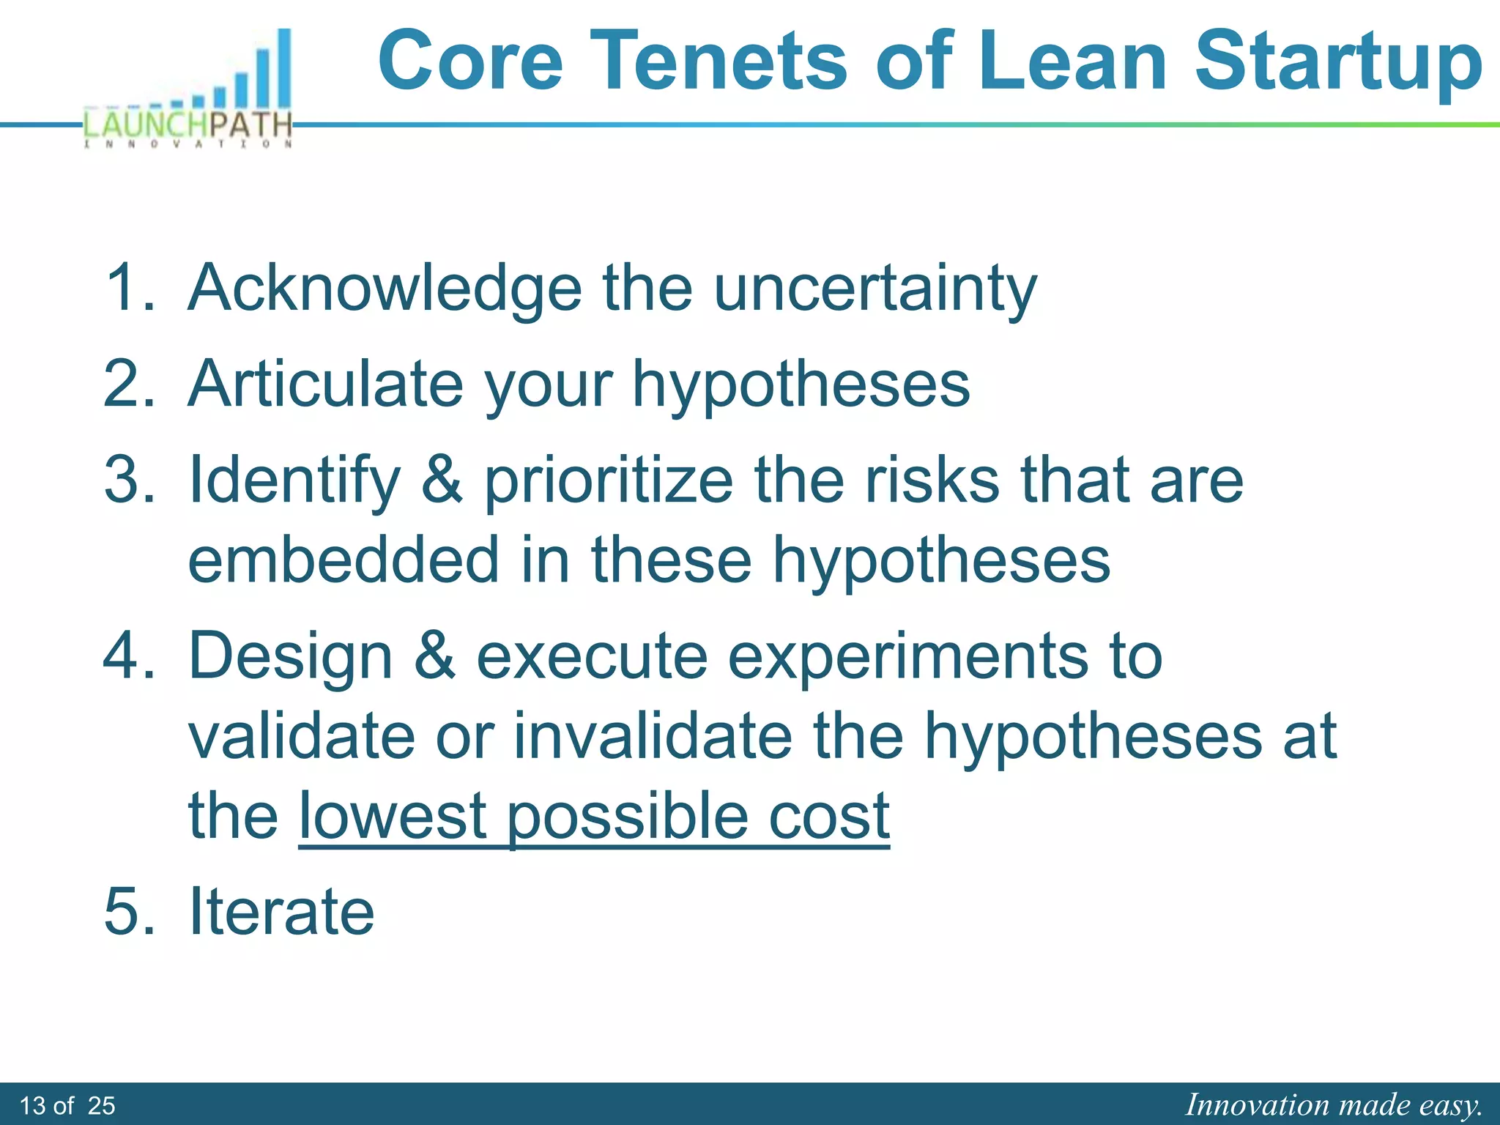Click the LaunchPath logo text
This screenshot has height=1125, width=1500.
[x=188, y=125]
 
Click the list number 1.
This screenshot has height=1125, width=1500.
[x=129, y=287]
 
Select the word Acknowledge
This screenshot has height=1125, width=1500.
[x=385, y=289]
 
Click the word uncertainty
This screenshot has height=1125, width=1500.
[x=875, y=289]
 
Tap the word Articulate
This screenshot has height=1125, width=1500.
[x=325, y=384]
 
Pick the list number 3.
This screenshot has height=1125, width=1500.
[x=129, y=480]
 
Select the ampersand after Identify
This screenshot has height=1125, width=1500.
[x=442, y=480]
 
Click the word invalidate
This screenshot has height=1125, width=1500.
[x=653, y=735]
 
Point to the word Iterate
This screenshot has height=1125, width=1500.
[x=281, y=911]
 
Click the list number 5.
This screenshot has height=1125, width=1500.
[x=129, y=911]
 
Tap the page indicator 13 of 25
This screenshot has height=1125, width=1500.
[x=67, y=1105]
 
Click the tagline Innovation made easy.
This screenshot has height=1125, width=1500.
[x=1334, y=1104]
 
